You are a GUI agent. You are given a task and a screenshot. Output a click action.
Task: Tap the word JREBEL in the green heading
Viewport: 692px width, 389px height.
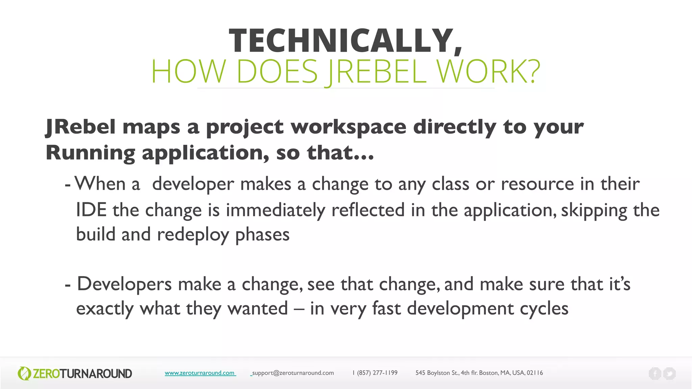pos(377,72)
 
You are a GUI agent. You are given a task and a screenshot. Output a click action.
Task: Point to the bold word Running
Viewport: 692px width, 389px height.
pos(90,153)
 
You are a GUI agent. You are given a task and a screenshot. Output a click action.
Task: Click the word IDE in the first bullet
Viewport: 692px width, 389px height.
pos(91,210)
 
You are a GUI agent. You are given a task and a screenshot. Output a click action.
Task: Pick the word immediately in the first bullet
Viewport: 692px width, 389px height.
pos(275,210)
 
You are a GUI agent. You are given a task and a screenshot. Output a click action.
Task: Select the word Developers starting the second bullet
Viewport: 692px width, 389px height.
pos(124,284)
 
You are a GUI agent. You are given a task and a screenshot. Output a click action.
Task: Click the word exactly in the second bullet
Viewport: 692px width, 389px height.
pos(105,309)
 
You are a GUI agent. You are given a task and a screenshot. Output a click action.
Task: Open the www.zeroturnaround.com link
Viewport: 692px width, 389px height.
pos(200,373)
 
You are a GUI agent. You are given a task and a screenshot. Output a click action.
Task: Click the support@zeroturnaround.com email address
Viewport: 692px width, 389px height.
pos(293,373)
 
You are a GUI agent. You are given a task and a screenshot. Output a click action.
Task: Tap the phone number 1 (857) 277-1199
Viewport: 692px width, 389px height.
pos(375,373)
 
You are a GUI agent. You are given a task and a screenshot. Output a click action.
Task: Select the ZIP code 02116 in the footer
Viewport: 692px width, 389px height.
pos(535,373)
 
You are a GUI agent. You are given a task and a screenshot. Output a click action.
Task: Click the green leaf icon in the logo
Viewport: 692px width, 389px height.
pos(24,373)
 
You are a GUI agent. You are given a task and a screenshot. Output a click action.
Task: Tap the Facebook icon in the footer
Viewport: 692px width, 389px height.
pos(655,373)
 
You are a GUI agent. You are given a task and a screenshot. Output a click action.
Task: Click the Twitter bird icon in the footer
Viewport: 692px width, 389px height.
pos(669,373)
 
